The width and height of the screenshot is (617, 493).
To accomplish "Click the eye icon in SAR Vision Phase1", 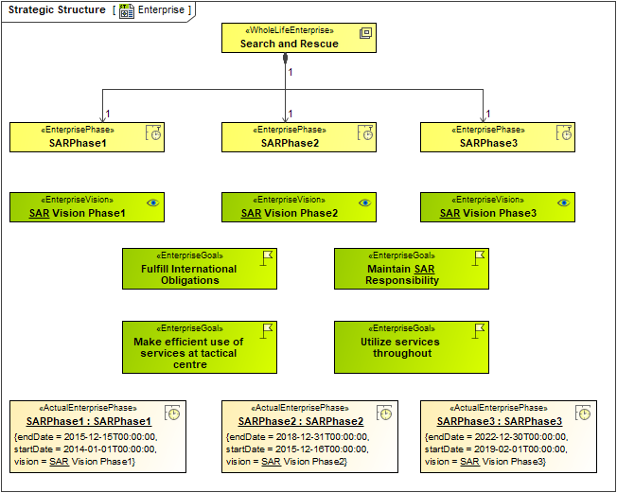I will (153, 202).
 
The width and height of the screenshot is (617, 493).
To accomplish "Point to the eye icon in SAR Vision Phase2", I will (365, 202).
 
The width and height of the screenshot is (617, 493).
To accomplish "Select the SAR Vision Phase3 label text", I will (488, 214).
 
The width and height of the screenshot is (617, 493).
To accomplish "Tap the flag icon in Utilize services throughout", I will (479, 330).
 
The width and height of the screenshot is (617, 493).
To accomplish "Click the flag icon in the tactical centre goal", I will (267, 330).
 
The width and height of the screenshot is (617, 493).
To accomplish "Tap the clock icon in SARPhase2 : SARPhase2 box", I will (384, 414).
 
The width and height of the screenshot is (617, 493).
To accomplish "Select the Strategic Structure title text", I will (57, 10).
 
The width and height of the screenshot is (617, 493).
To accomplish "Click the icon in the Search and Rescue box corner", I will (365, 33).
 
